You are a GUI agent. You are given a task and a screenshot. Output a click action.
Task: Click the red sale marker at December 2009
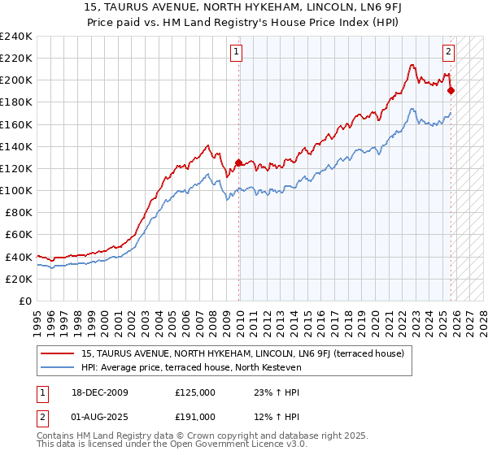[x=238, y=162]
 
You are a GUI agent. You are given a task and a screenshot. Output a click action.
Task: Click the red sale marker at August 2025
[x=451, y=90]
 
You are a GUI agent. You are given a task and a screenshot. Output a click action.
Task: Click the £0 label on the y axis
[x=25, y=301]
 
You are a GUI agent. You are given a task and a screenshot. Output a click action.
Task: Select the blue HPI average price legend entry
[x=191, y=367]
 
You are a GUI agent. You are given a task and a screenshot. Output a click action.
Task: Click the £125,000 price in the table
[x=195, y=392]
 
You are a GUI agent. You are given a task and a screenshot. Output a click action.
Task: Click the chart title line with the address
[x=243, y=8]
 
